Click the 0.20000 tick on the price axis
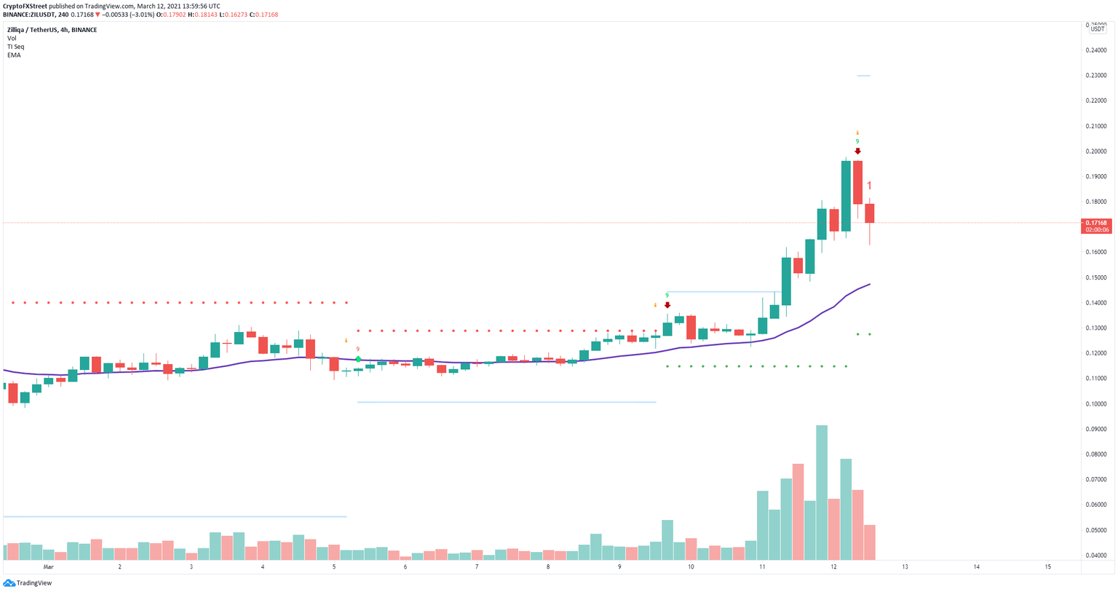(1096, 151)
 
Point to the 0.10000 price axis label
(1096, 403)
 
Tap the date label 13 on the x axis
(905, 567)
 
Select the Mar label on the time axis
(48, 567)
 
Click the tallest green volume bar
(822, 492)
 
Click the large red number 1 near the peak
(870, 186)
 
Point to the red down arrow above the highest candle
(857, 151)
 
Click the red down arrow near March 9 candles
(667, 305)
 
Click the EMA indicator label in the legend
(14, 55)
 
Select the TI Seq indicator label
(15, 47)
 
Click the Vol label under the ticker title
(12, 38)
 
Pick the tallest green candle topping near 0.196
(846, 195)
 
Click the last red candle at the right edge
(869, 213)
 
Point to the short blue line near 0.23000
(863, 76)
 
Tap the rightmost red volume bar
(869, 542)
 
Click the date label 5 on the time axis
(334, 567)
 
